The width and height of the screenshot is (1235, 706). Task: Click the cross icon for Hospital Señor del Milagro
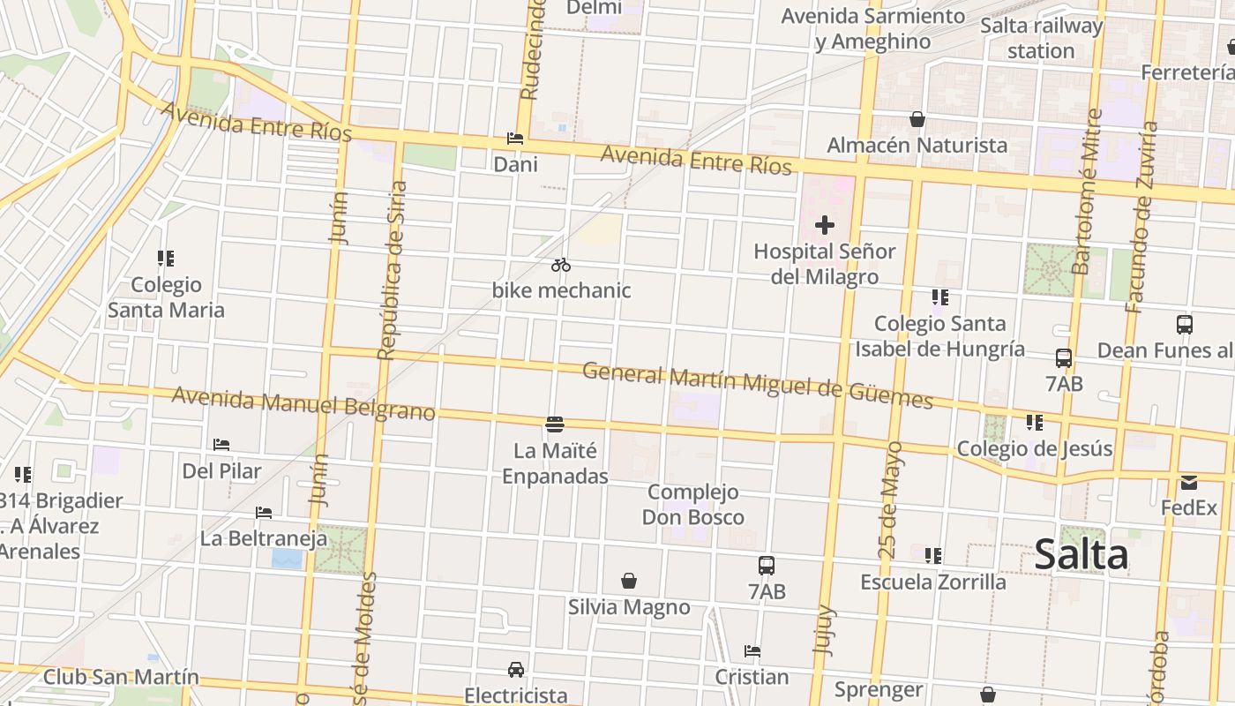point(825,226)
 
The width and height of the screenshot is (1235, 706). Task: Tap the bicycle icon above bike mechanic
point(561,265)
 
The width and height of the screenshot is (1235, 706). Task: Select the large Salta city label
point(1081,555)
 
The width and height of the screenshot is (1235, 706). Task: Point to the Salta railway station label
point(1041,38)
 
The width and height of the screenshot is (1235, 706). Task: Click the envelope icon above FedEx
point(1188,483)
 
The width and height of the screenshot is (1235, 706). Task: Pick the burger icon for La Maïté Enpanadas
point(555,425)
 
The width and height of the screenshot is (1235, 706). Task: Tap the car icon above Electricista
point(516,670)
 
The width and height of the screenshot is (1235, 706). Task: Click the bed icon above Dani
point(515,139)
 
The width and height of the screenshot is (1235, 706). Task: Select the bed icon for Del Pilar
point(221,445)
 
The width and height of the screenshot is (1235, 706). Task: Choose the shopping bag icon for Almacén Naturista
point(917,119)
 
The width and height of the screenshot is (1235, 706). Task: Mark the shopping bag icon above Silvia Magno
point(629,581)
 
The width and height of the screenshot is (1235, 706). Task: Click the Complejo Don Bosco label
point(692,505)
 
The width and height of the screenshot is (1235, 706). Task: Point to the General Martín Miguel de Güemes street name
point(757,386)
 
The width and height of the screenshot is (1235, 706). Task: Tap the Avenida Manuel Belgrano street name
point(303,403)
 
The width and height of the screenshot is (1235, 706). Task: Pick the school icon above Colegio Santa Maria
point(166,259)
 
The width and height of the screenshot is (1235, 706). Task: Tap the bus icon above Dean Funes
point(1185,325)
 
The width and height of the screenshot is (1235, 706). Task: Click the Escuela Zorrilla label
point(933,582)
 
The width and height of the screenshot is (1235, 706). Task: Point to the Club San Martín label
point(121,678)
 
